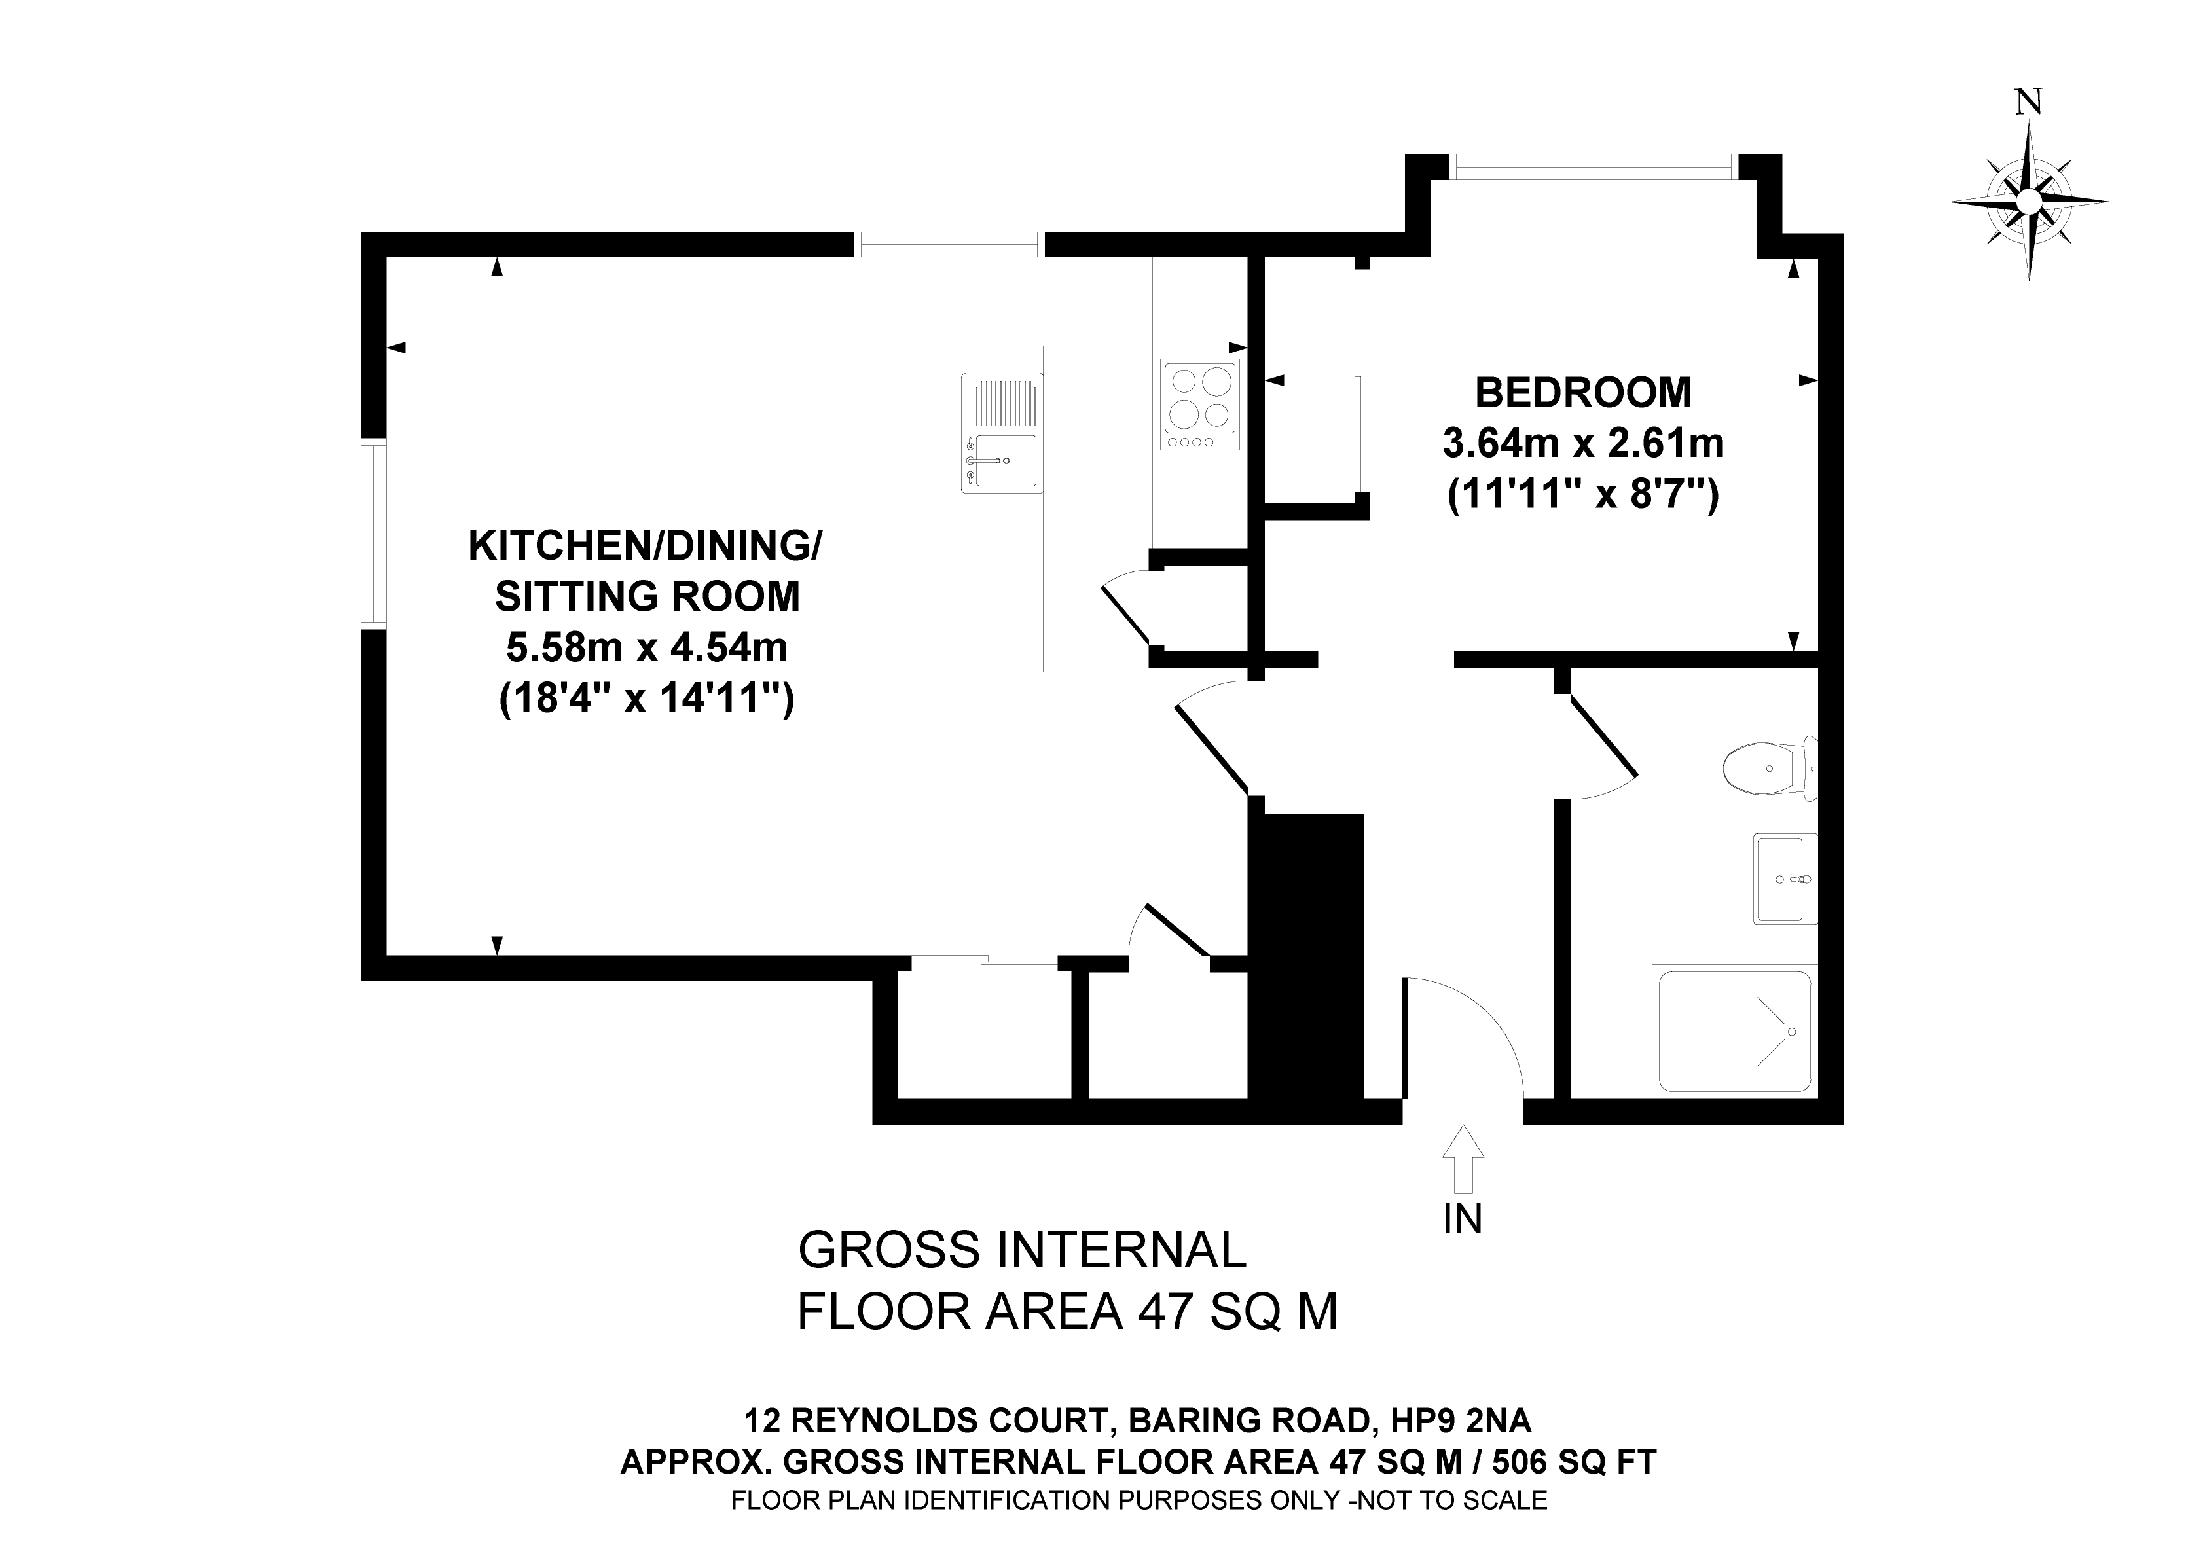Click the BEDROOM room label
tap(1582, 393)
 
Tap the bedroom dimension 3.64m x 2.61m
tap(1582, 444)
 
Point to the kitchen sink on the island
tap(1002, 462)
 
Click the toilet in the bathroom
tap(1765, 769)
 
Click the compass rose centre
tap(2028, 202)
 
